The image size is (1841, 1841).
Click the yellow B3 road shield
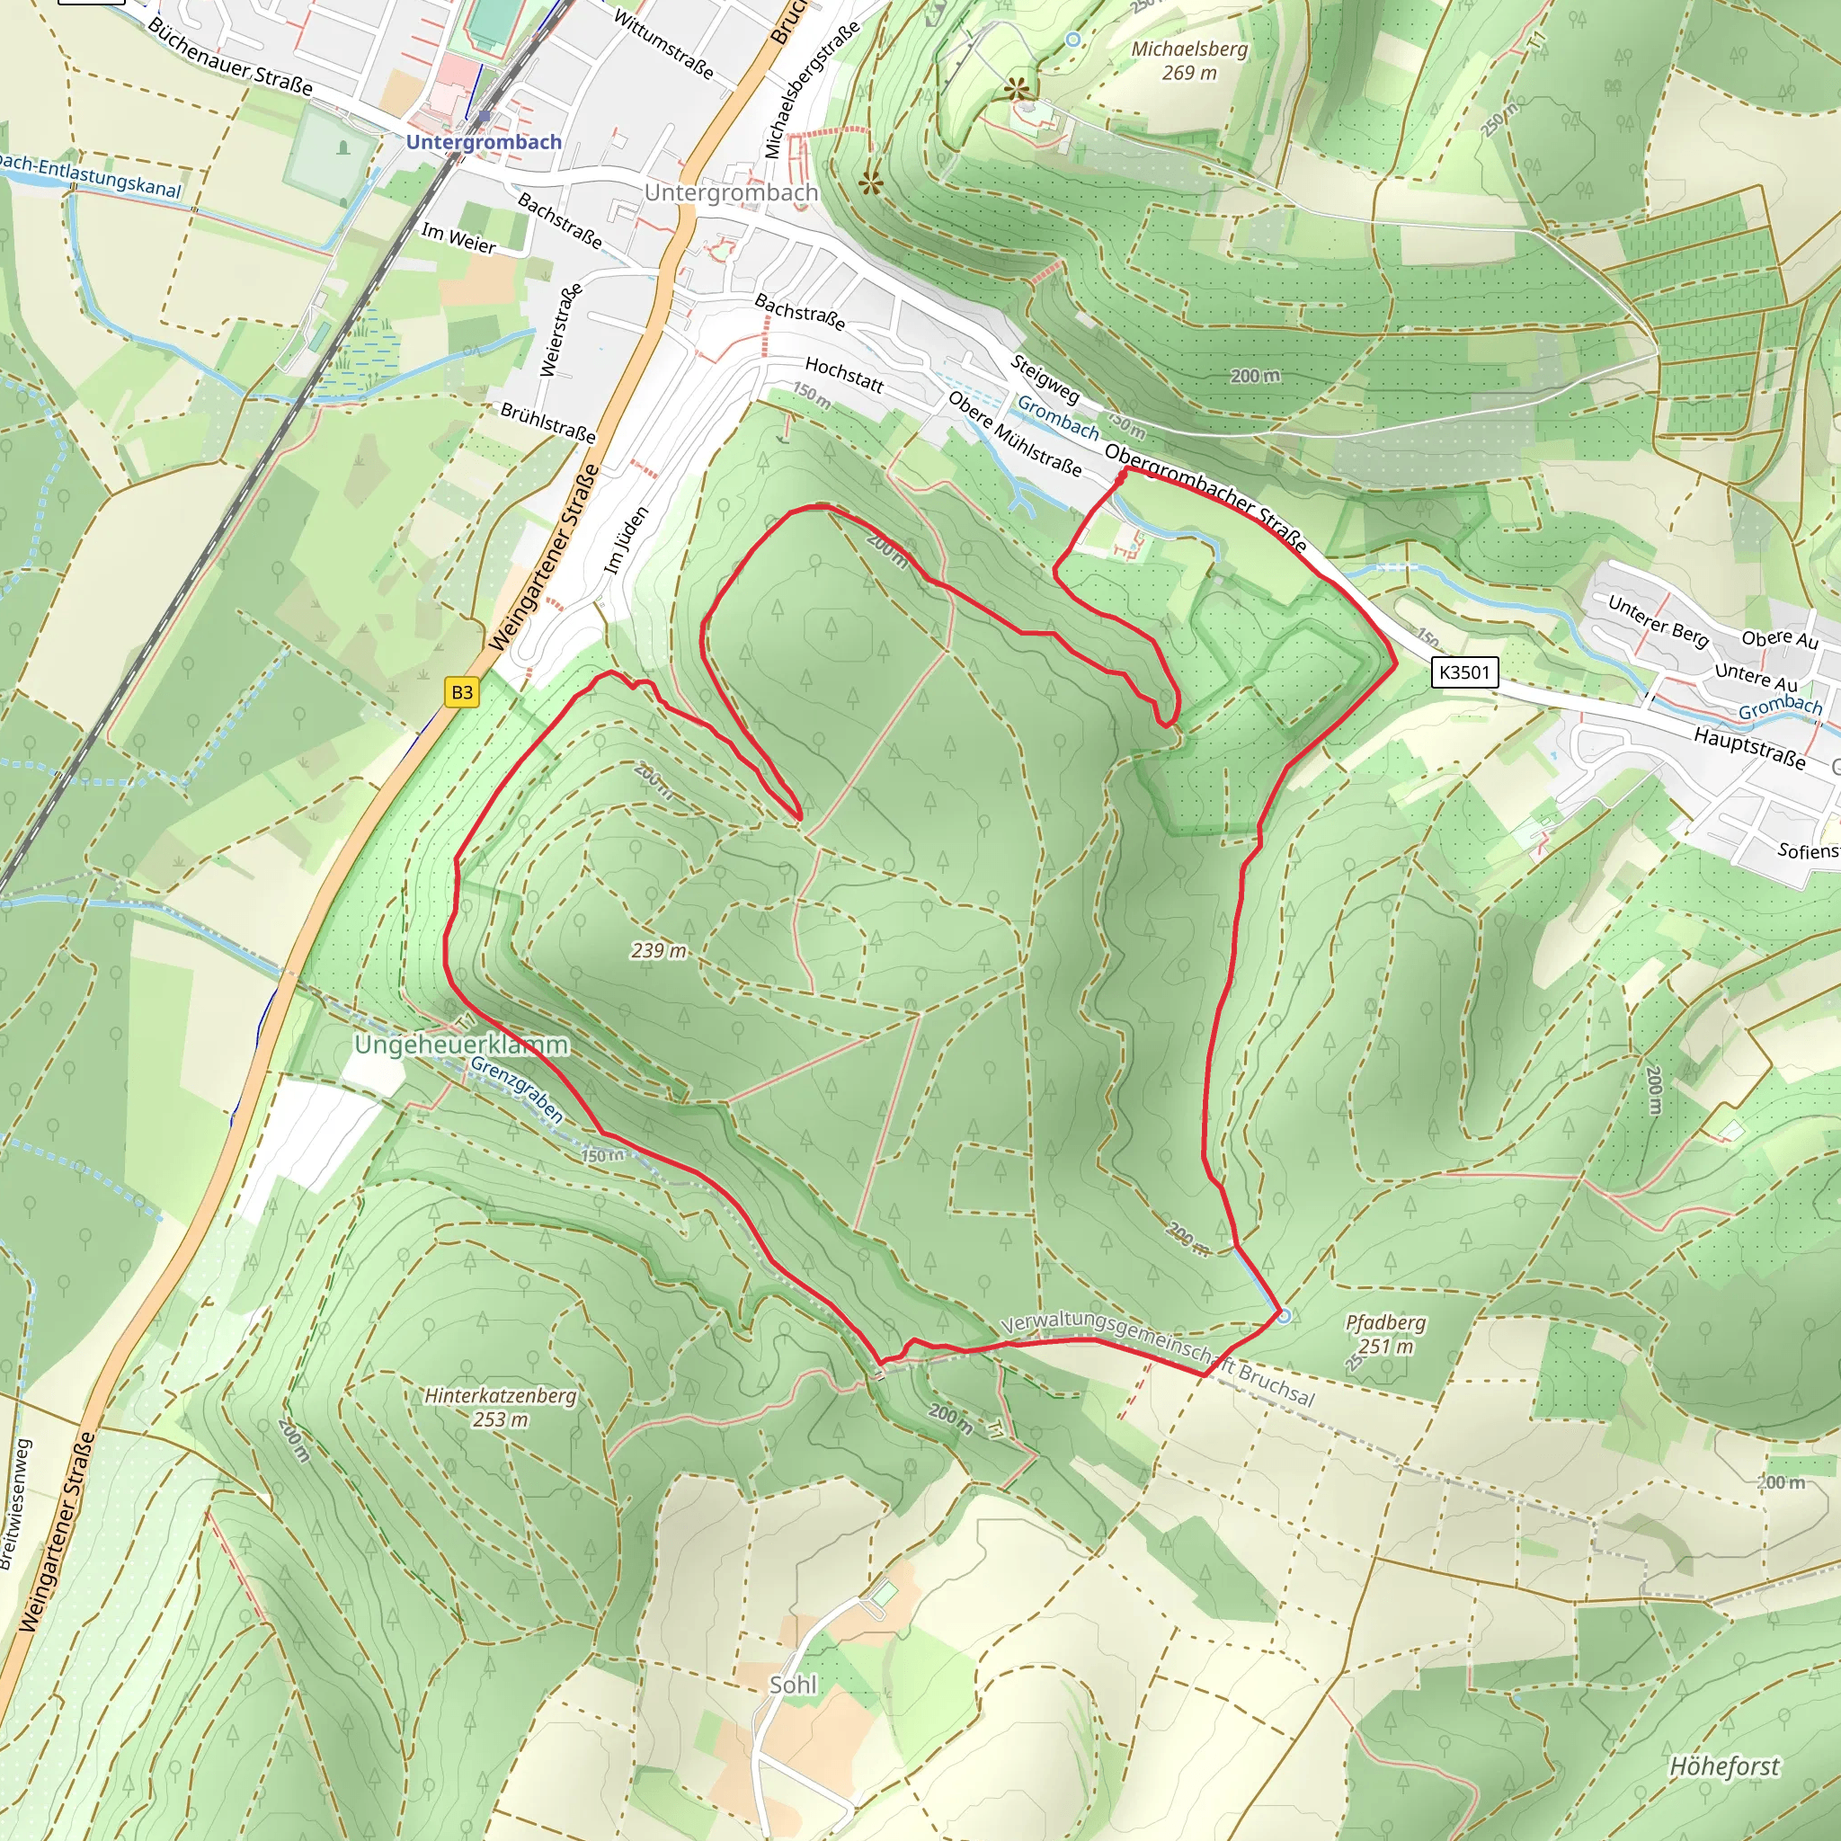[462, 692]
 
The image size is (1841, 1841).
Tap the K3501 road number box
[1464, 672]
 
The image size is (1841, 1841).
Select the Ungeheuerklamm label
[461, 1045]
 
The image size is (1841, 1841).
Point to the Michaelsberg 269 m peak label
[1189, 60]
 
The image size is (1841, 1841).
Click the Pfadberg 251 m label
[1385, 1334]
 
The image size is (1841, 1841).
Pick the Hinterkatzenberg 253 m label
[501, 1407]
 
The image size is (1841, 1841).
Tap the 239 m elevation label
[658, 950]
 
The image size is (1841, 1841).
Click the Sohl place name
[793, 1685]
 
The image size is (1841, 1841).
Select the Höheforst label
[1724, 1765]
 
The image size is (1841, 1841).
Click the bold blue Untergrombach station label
[485, 142]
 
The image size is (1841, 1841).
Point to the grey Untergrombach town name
[731, 192]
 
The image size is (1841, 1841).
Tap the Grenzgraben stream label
[518, 1090]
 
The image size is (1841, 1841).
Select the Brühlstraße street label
[548, 423]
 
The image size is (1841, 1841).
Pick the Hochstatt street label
[844, 375]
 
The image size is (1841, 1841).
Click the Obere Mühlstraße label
[1015, 433]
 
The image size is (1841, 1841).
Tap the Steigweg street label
[1045, 378]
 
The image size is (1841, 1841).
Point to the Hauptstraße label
[1749, 747]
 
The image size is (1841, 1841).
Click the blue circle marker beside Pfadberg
[1284, 1316]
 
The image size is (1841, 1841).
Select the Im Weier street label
[458, 237]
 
